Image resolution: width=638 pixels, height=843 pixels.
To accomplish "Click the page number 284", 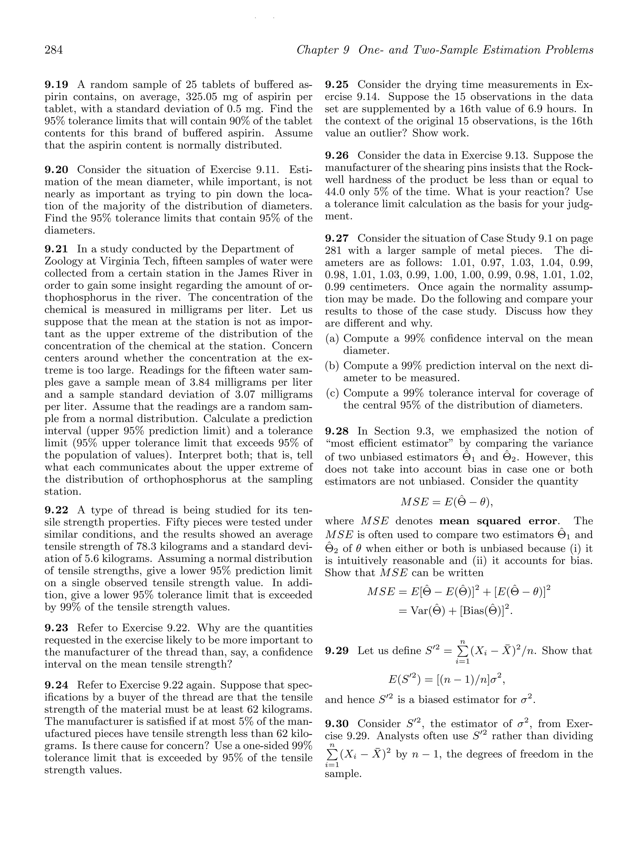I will [54, 50].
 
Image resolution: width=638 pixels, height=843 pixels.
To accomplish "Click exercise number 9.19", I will [56, 85].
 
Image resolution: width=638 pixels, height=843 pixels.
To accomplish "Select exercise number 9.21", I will [56, 249].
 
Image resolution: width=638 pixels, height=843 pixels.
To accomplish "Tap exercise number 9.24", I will [56, 685].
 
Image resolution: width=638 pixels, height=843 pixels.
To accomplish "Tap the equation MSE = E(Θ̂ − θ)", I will [446, 502].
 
